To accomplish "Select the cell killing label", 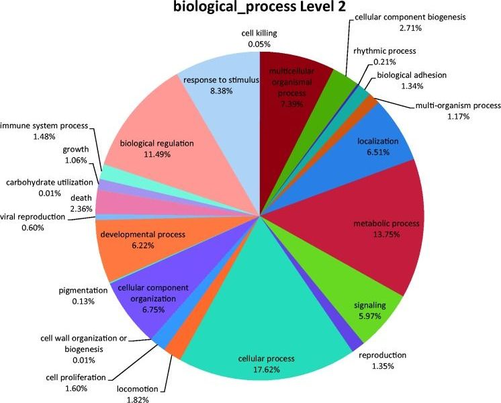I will (259, 34).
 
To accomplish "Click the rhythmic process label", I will (385, 51).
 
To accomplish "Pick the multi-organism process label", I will (458, 105).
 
